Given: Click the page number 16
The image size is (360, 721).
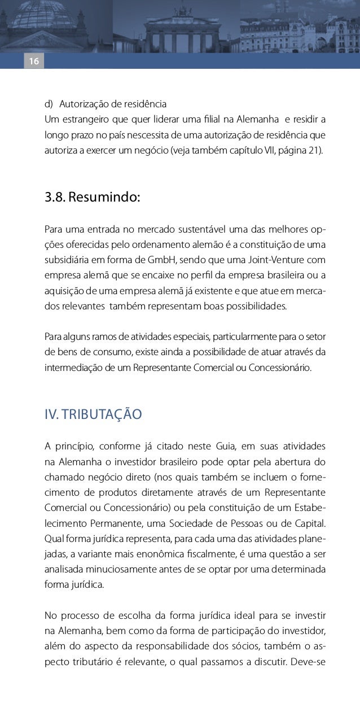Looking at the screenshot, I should click(33, 61).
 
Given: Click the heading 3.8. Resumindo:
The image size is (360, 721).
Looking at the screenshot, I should click(92, 198).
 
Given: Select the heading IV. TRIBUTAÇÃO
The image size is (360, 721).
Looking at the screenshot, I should click(93, 414).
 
